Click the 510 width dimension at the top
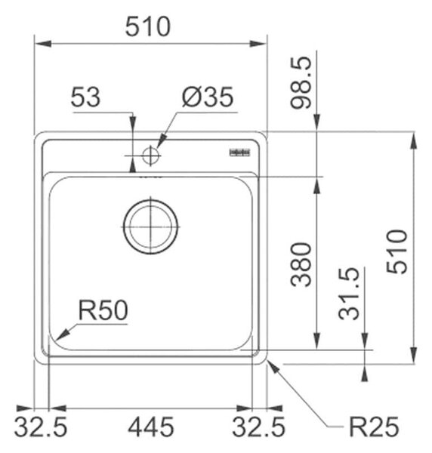click(x=148, y=26)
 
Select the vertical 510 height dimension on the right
click(x=397, y=251)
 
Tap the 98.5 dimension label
click(x=301, y=82)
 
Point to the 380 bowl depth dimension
click(x=301, y=265)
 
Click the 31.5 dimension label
click(x=349, y=294)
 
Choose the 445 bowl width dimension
click(x=151, y=427)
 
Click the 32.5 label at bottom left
click(x=41, y=427)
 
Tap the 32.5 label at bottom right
click(x=258, y=427)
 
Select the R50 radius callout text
click(x=103, y=310)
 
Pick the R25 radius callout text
click(x=374, y=427)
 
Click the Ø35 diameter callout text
click(x=208, y=97)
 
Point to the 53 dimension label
click(x=86, y=97)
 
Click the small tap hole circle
click(x=150, y=156)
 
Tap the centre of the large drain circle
click(x=150, y=227)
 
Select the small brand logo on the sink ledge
click(x=240, y=153)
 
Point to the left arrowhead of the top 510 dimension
click(x=43, y=44)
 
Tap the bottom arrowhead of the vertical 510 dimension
click(x=414, y=356)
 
